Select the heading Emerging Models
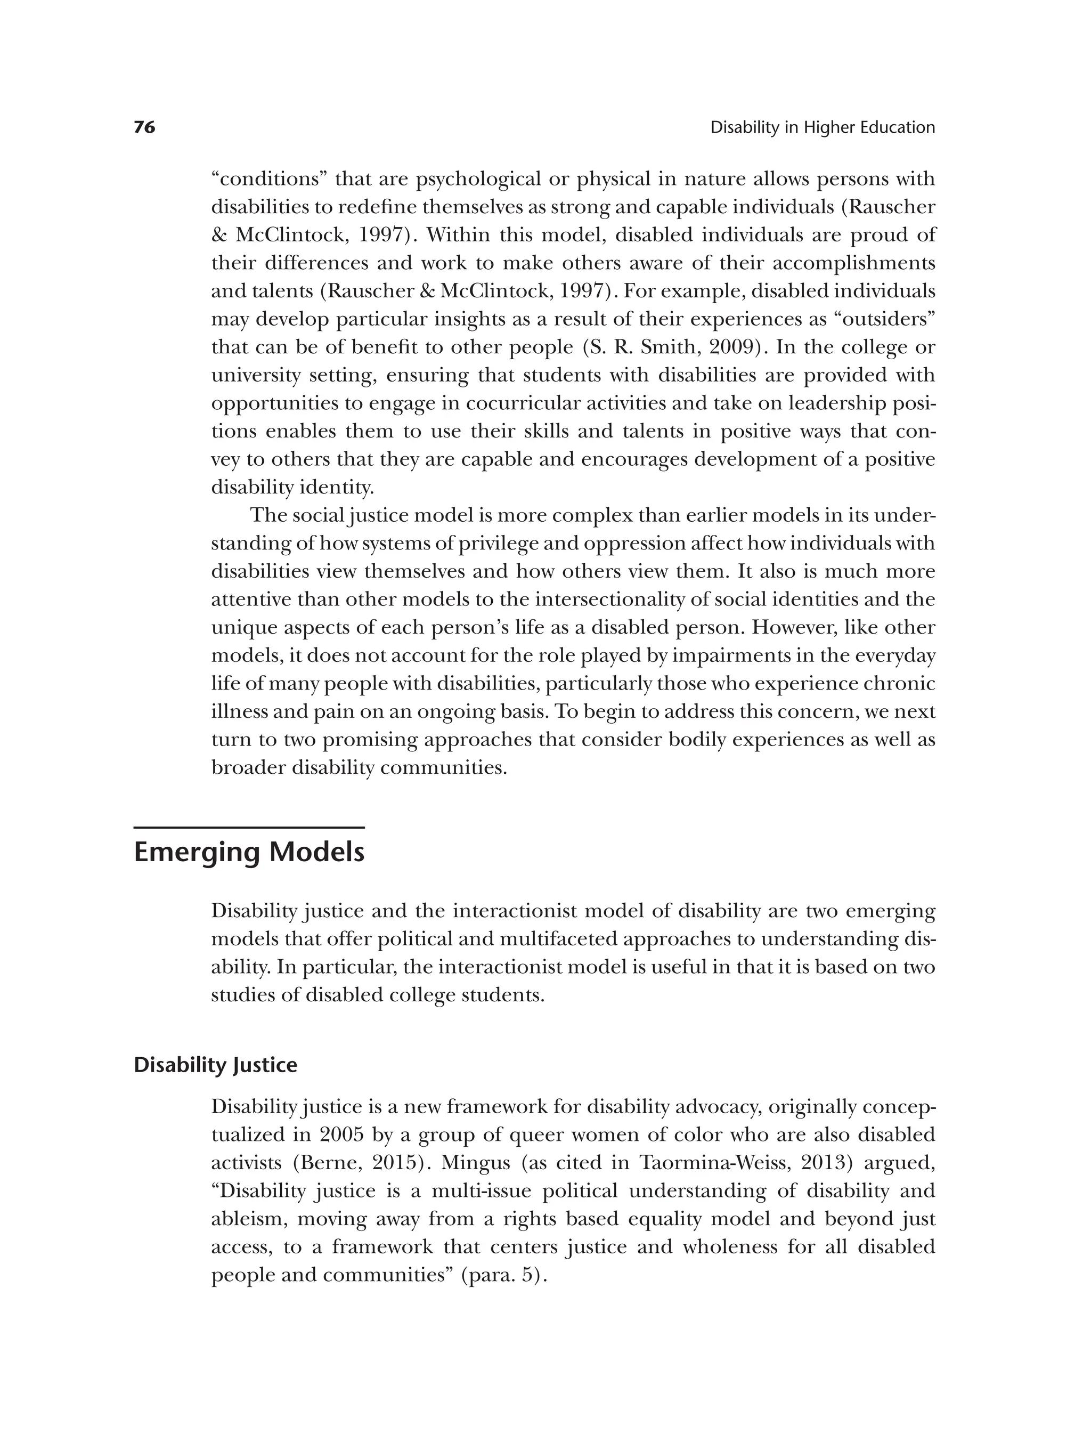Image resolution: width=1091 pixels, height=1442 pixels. pyautogui.click(x=248, y=853)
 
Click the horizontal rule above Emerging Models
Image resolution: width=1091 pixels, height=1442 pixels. pyautogui.click(x=248, y=828)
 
